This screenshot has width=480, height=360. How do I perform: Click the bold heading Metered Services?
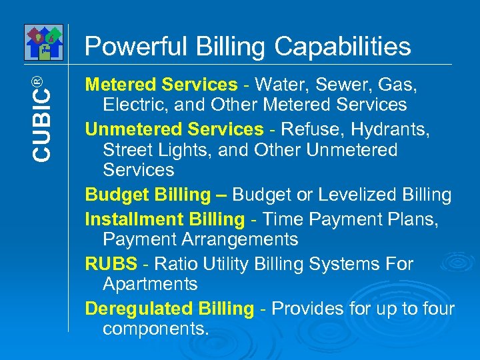click(161, 85)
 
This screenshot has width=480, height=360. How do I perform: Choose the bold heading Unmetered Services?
click(174, 129)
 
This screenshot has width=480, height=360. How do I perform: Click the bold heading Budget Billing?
click(147, 195)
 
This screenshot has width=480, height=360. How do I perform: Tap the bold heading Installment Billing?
click(165, 219)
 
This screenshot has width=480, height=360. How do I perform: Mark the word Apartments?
click(150, 284)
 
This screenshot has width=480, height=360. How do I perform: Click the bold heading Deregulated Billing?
click(169, 309)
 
